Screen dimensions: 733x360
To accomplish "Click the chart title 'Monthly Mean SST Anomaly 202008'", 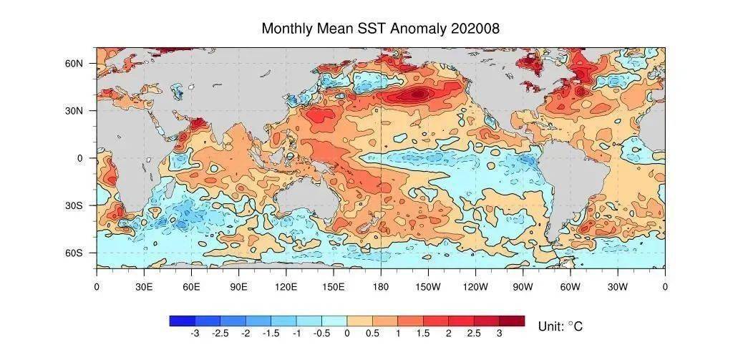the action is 381,29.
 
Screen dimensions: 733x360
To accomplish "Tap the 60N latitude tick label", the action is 74,64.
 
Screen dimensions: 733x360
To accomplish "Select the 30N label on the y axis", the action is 74,111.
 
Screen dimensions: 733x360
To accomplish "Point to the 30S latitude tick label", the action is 74,205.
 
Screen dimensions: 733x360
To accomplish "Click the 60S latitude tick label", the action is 74,253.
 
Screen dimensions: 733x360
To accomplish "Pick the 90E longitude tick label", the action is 238,286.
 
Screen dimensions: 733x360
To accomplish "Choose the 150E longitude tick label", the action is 334,286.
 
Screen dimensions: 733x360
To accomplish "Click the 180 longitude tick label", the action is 381,286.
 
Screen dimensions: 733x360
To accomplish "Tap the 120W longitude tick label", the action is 475,286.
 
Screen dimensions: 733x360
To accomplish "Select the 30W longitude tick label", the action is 618,286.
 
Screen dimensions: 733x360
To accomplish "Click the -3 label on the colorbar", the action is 195,334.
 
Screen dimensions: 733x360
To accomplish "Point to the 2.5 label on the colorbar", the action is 474,334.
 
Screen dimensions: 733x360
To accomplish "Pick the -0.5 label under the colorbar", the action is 321,334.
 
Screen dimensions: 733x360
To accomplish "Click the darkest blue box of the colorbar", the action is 183,321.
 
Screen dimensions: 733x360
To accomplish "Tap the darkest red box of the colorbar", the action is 512,321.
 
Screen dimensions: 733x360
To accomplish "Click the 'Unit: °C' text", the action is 560,326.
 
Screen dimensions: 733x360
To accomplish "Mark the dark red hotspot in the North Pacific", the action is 417,94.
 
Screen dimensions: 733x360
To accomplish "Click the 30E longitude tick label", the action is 143,286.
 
